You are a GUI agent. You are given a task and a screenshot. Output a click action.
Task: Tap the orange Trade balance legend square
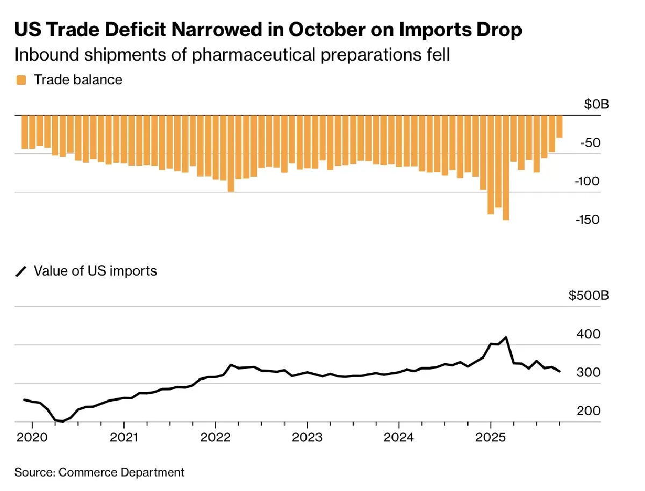coord(21,81)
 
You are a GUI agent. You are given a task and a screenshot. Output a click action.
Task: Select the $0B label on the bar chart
coord(597,104)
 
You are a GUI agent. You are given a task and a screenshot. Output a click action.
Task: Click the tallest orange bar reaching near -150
coord(506,168)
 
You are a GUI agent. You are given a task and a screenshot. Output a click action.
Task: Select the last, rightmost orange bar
coord(559,127)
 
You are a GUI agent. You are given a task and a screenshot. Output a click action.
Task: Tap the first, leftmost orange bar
coord(25,132)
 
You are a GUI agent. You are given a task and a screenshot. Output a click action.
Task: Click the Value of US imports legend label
coord(95,271)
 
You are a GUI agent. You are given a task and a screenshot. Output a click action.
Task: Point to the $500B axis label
coord(589,296)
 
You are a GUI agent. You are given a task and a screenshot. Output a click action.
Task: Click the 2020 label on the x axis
coord(32,436)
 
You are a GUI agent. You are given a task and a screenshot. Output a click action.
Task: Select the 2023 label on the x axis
coord(307,436)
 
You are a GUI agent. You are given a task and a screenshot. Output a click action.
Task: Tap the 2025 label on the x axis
coord(491,436)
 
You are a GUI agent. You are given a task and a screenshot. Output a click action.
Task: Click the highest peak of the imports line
coord(506,337)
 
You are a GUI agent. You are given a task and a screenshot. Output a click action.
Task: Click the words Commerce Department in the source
coord(121,473)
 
